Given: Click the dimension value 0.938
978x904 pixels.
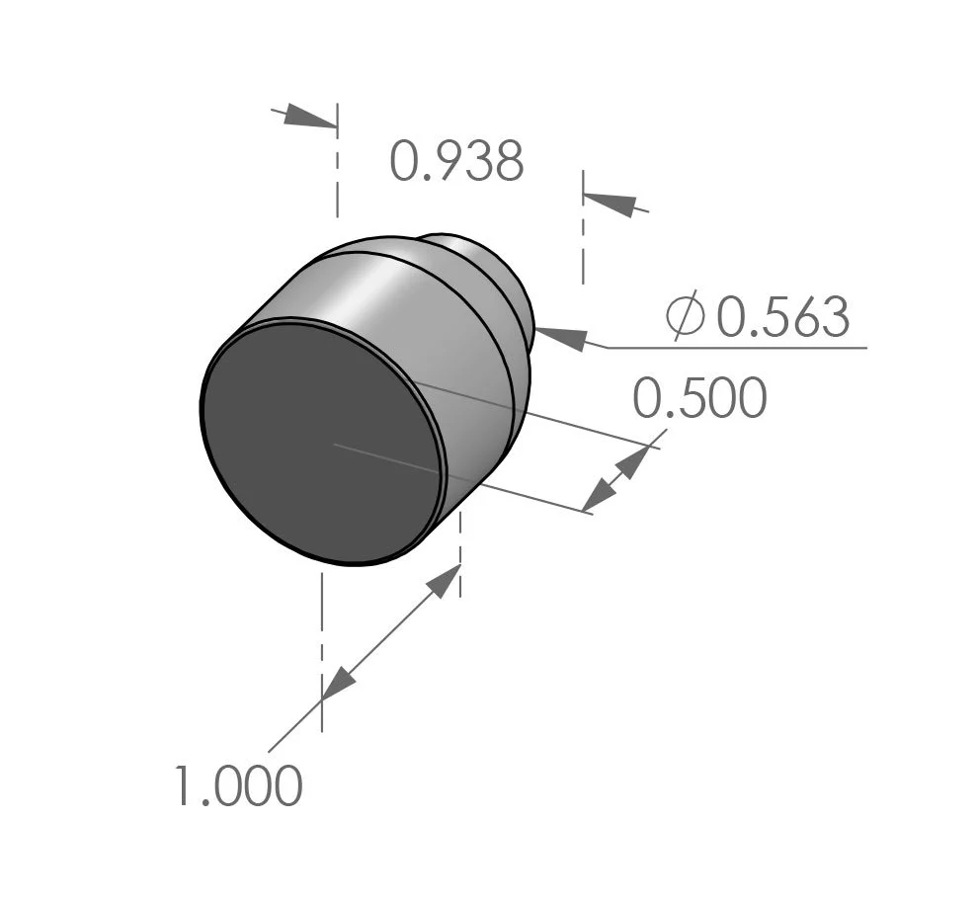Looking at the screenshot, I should pyautogui.click(x=455, y=162).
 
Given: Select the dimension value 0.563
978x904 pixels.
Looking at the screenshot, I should pyautogui.click(x=782, y=318).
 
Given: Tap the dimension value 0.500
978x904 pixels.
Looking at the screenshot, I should pyautogui.click(x=699, y=399).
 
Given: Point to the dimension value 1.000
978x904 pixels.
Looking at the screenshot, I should pyautogui.click(x=238, y=787).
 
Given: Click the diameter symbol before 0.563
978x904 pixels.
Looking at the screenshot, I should pyautogui.click(x=685, y=315).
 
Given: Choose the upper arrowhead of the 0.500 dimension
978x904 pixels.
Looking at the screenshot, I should pyautogui.click(x=634, y=459).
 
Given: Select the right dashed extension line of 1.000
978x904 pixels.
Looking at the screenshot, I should pyautogui.click(x=460, y=553).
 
